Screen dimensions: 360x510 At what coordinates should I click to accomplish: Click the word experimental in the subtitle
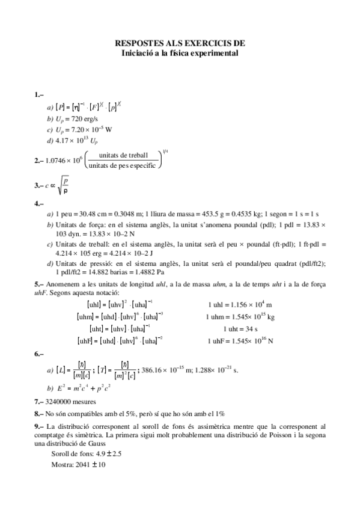216,53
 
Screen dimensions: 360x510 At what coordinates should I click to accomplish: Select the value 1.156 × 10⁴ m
250,305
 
